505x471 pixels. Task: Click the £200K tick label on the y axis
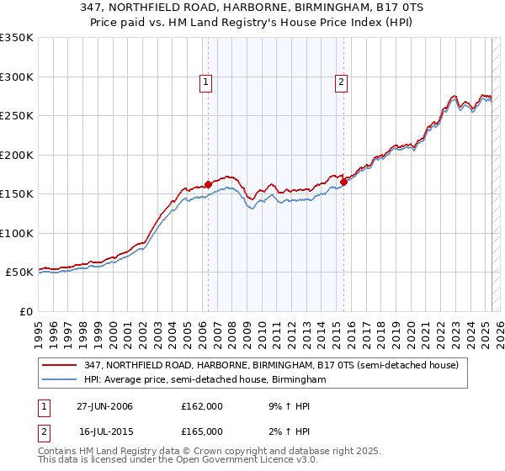[16, 155]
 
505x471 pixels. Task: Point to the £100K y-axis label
[16, 233]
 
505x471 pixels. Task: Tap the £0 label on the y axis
[24, 311]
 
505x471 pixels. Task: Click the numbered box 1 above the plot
[206, 82]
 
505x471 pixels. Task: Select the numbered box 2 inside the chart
[341, 82]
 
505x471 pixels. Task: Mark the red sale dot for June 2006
[208, 184]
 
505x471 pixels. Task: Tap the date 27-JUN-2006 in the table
[104, 406]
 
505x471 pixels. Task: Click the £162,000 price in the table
[201, 406]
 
